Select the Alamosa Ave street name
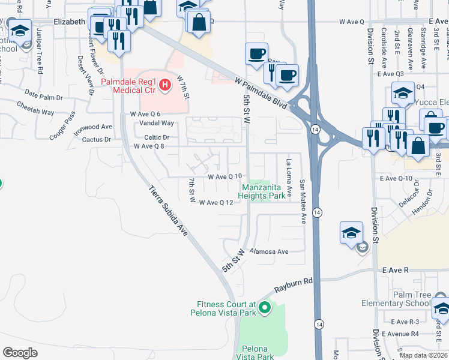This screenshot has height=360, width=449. pos(270,251)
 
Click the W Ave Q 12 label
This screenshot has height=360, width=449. pos(215,203)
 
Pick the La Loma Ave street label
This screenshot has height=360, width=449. pos(289,178)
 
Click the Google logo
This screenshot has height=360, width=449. pos(20,353)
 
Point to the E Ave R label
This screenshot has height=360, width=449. pos(395,271)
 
